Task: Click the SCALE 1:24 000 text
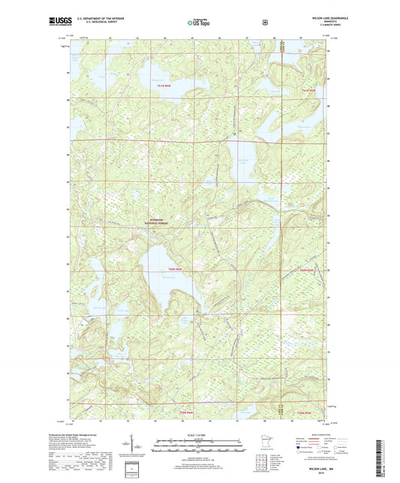[200, 435]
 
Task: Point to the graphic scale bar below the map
[200, 448]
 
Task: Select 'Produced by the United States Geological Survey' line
[95, 435]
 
